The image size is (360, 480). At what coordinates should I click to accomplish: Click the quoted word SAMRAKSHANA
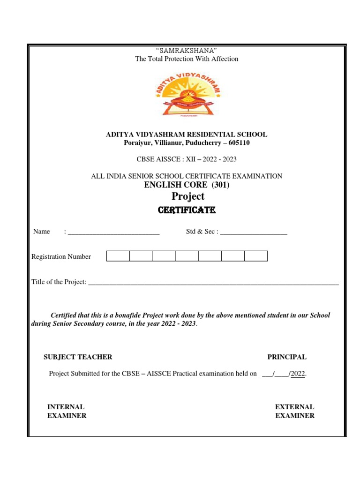click(187, 51)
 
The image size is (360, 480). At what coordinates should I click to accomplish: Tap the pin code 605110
click(239, 143)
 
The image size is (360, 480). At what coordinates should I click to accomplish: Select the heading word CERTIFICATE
click(187, 211)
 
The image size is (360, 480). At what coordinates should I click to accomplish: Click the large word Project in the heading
click(188, 196)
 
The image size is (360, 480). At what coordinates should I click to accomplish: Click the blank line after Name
click(113, 232)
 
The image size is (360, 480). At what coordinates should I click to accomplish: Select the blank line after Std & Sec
click(253, 232)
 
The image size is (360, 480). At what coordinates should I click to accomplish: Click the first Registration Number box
click(118, 256)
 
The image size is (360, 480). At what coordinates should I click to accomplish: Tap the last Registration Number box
click(256, 256)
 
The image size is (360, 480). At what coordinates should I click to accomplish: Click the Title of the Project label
click(59, 282)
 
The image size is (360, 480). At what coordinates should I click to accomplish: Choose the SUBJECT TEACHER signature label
click(78, 357)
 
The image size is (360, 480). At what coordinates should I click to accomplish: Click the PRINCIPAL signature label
click(287, 357)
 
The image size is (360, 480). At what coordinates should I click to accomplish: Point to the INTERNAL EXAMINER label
click(67, 412)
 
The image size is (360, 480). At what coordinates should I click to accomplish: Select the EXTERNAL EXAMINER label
click(295, 412)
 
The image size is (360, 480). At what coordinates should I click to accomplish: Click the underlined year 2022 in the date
click(299, 374)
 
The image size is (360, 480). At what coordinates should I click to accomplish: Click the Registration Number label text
click(61, 256)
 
